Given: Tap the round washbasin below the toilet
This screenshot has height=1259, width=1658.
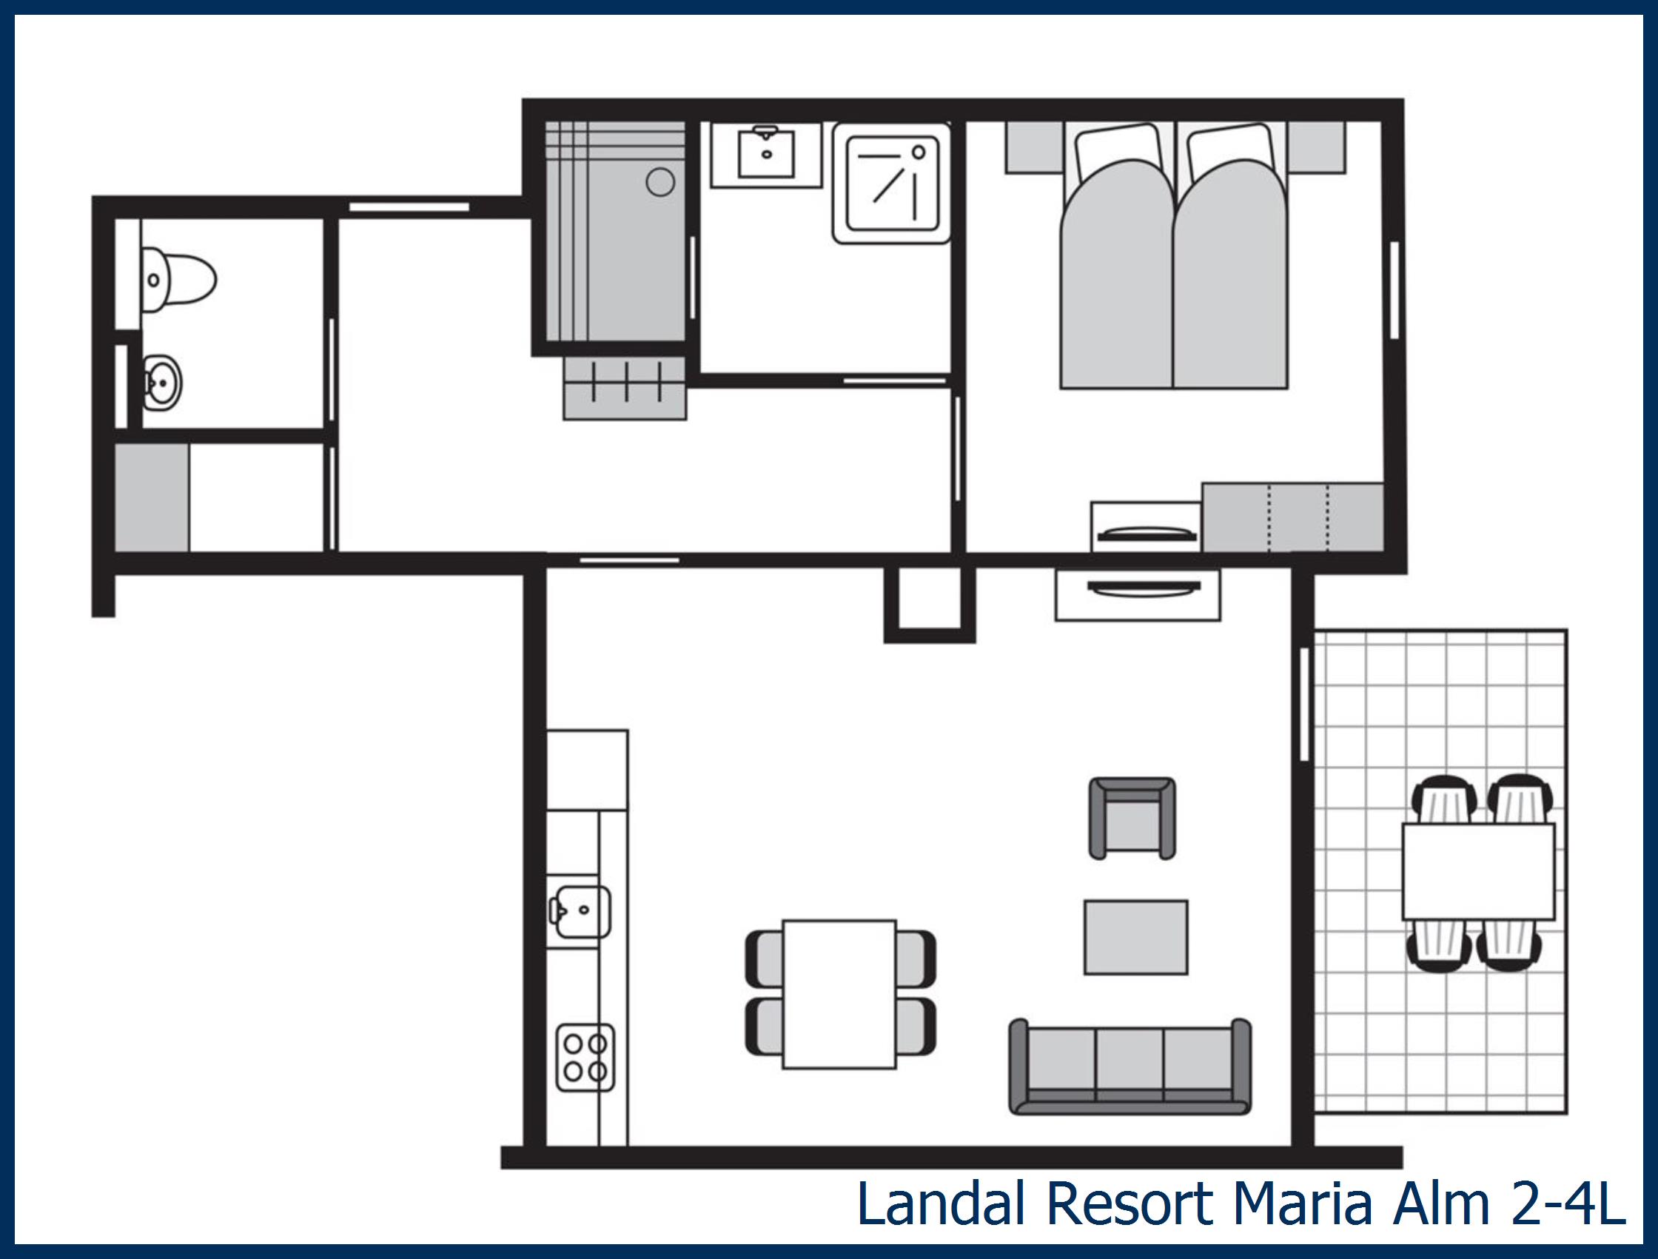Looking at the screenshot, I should pos(163,383).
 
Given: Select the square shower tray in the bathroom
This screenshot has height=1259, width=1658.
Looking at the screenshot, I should pos(891,184).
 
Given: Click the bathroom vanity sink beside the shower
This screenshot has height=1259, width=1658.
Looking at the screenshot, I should pos(766,155).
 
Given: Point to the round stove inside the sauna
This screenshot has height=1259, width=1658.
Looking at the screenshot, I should pos(660,182).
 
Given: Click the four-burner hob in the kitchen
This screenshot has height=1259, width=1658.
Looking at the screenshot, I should pos(585,1058).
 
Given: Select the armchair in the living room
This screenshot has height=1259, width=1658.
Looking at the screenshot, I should pos(1132,819).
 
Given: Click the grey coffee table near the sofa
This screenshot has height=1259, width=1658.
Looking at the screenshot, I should pos(1135,937).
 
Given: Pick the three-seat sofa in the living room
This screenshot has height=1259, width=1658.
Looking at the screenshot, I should pos(1130,1067).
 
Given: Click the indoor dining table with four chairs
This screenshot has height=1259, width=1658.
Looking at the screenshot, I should pos(839,994).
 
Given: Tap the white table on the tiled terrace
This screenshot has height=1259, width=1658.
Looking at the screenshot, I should pos(1478,872).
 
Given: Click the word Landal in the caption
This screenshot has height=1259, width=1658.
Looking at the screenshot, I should pos(942,1203).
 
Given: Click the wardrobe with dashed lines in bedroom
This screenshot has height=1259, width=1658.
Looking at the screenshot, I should pos(1292,518).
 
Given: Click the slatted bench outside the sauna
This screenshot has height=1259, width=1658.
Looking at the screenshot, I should pos(625,388).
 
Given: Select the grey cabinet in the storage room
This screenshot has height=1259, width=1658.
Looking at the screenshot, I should pos(152,497).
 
